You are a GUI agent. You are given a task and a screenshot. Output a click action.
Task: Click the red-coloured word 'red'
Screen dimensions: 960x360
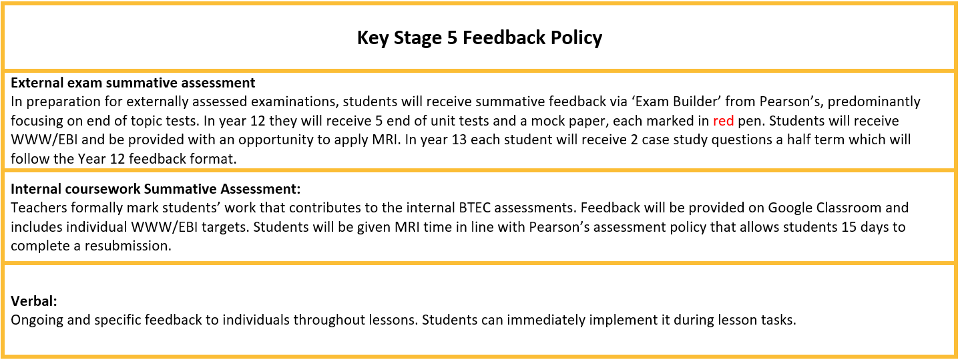tap(724, 121)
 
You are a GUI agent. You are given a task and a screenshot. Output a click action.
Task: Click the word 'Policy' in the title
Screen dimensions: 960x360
tap(576, 37)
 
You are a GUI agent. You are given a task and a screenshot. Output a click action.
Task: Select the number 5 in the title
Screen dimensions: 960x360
tap(453, 37)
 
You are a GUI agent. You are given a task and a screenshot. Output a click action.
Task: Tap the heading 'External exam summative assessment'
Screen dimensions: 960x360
tap(133, 82)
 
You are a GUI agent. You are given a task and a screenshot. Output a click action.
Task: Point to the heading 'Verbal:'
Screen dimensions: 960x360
tap(34, 301)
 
